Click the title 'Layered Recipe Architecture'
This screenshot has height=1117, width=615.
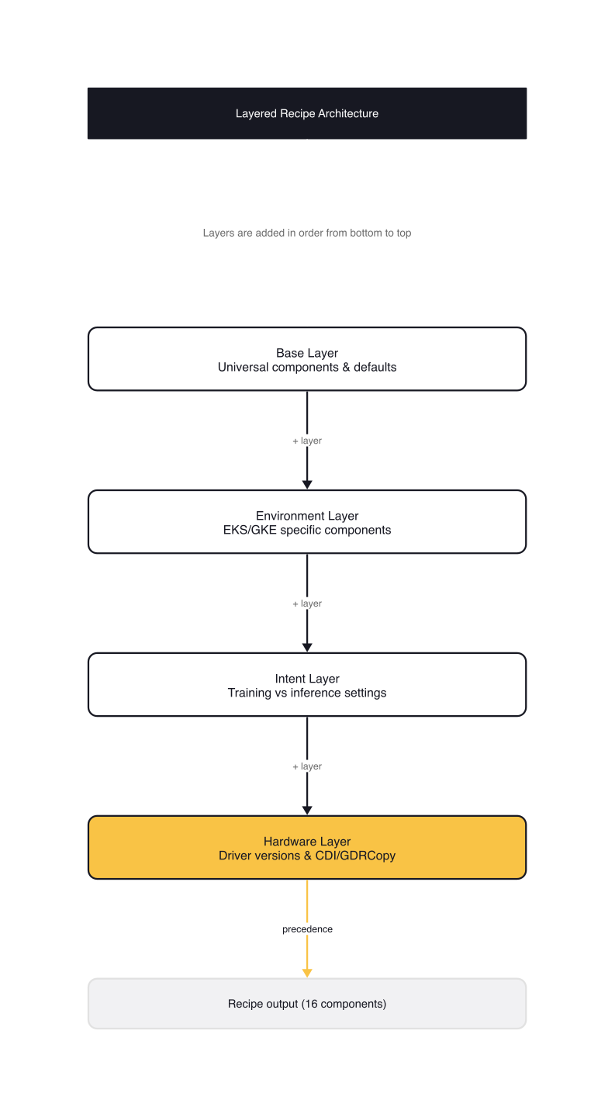[307, 113]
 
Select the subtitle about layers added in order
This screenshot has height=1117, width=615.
[307, 233]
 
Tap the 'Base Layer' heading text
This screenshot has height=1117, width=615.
[307, 353]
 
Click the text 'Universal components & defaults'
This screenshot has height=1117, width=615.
[307, 367]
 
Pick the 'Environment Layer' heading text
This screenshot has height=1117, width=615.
[307, 516]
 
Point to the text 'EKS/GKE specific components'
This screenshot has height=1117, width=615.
[307, 530]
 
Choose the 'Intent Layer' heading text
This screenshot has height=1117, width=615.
[307, 679]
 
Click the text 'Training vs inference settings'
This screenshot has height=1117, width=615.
[307, 693]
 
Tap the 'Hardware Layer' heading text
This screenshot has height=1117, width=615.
[307, 842]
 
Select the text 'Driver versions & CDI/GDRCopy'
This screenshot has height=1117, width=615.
[307, 856]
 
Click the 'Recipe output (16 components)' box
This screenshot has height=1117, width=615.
[307, 1004]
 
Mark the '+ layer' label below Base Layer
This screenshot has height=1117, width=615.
[307, 441]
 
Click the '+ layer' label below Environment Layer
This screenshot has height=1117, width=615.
[307, 603]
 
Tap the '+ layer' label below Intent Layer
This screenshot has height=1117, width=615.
[307, 766]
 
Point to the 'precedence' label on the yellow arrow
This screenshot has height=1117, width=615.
[307, 929]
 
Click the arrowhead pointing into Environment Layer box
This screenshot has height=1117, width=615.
[307, 485]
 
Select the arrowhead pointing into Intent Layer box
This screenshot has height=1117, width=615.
[307, 648]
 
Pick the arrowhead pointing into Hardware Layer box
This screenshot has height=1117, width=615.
[307, 811]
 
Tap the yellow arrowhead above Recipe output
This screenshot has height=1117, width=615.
[307, 973]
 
